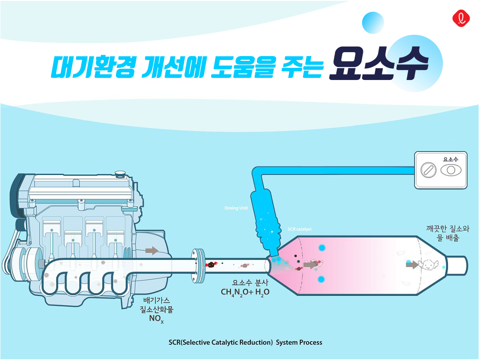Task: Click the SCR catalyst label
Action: click(299, 229)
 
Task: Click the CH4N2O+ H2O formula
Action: click(245, 292)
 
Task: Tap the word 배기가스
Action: click(156, 300)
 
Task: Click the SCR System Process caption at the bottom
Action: click(245, 342)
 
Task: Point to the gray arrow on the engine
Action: click(152, 250)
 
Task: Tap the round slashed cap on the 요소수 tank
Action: click(428, 170)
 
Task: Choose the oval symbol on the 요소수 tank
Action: click(451, 170)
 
